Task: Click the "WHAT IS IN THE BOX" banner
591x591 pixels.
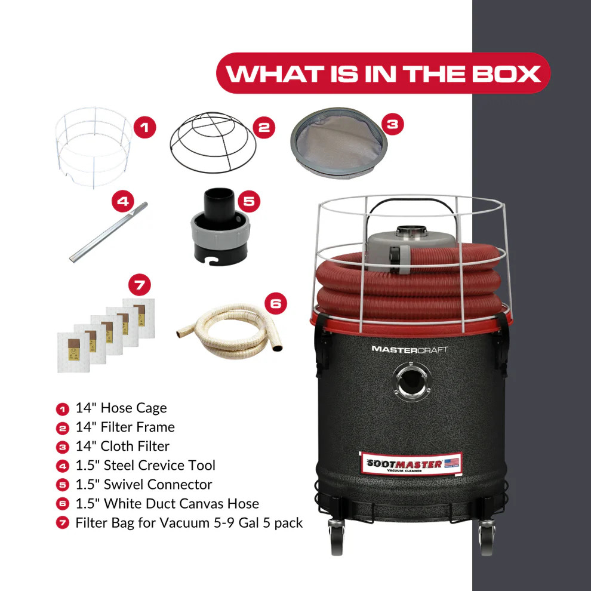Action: (383, 73)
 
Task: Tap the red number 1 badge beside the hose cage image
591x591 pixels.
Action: (144, 127)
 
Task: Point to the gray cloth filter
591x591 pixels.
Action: (339, 143)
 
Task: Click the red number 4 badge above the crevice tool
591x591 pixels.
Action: (123, 201)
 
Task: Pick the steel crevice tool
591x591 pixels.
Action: (109, 232)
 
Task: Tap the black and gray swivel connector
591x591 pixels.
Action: (220, 226)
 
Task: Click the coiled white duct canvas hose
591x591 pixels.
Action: (230, 331)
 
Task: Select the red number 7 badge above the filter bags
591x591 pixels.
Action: (140, 285)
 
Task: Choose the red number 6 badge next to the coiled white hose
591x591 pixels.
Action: (276, 303)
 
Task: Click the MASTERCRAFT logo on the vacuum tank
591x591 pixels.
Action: (410, 349)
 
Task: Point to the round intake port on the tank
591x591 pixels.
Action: (411, 381)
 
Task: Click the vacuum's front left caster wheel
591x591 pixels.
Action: (337, 537)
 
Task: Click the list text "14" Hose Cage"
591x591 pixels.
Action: (121, 408)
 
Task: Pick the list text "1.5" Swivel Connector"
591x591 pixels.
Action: (144, 484)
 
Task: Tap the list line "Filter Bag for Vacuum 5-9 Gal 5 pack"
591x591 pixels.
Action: (189, 523)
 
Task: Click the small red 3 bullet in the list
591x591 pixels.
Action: (63, 447)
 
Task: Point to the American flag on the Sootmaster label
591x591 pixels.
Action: (451, 463)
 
